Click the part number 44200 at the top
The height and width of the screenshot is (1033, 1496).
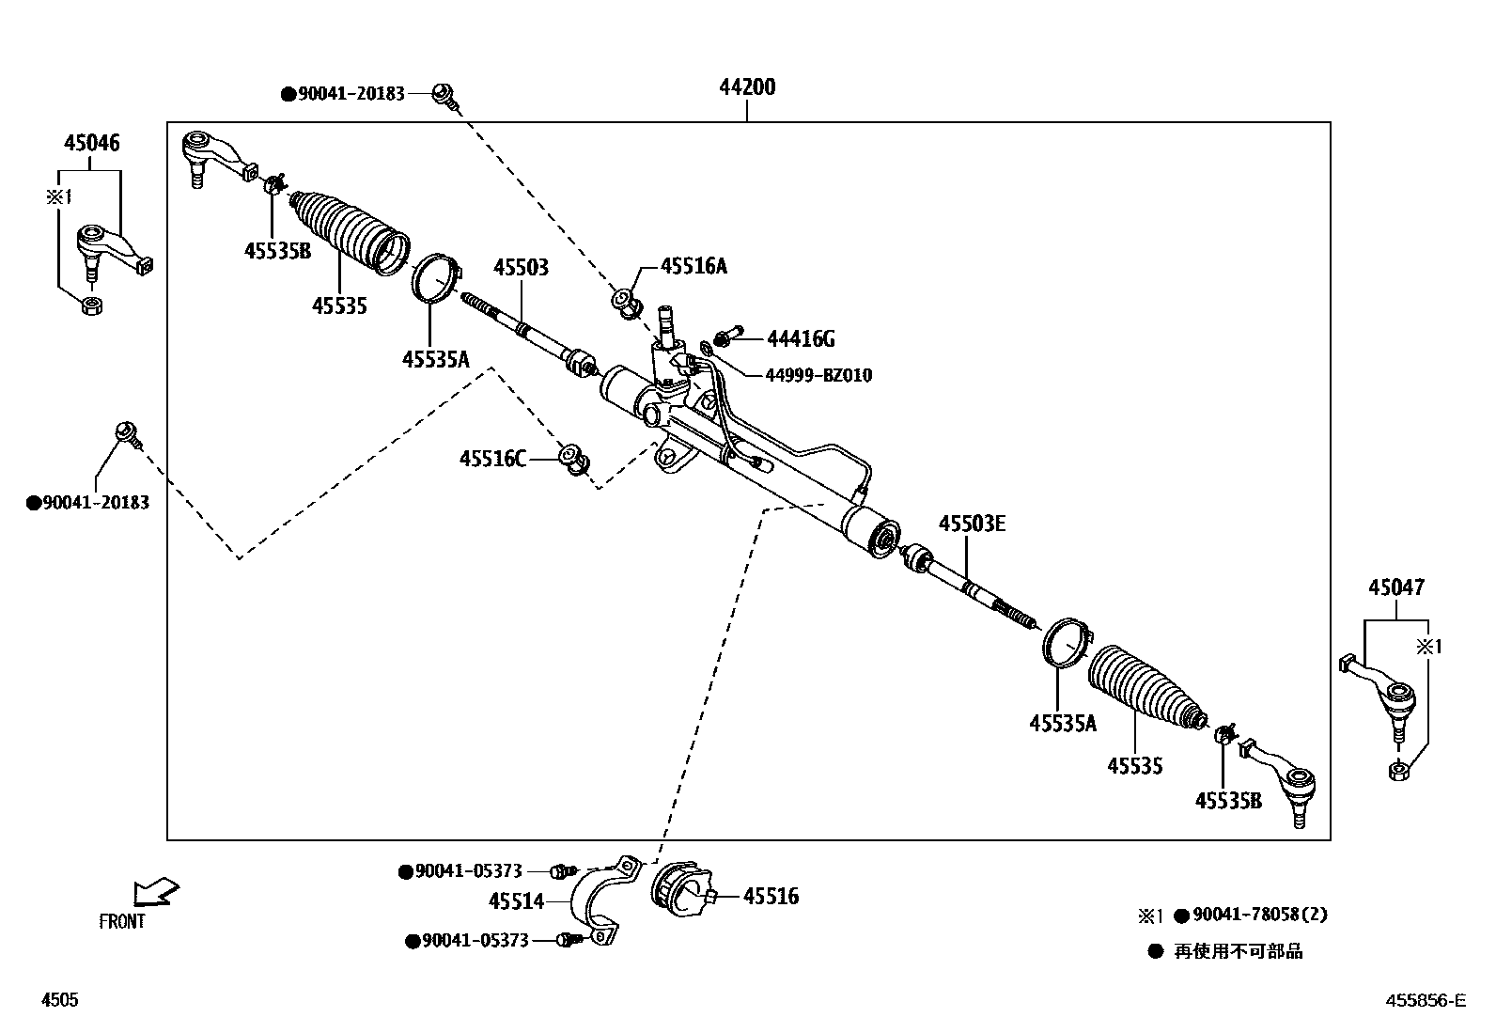[747, 87]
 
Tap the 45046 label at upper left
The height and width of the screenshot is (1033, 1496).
[91, 144]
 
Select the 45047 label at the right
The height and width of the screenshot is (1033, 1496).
[1395, 588]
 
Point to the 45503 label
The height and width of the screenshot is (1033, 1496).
[522, 269]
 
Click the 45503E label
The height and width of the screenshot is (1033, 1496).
[972, 524]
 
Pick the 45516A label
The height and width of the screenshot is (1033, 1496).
[693, 266]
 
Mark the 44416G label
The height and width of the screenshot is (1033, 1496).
[801, 338]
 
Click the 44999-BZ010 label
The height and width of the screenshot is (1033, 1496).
[818, 376]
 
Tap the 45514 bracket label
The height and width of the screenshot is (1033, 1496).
[516, 901]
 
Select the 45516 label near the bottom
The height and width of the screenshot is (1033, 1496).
[771, 897]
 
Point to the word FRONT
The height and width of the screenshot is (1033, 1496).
[122, 922]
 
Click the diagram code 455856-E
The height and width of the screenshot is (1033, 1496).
[1425, 1001]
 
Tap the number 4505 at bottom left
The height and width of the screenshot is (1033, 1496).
[59, 1001]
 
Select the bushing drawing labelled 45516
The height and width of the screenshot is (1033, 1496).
[681, 890]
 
